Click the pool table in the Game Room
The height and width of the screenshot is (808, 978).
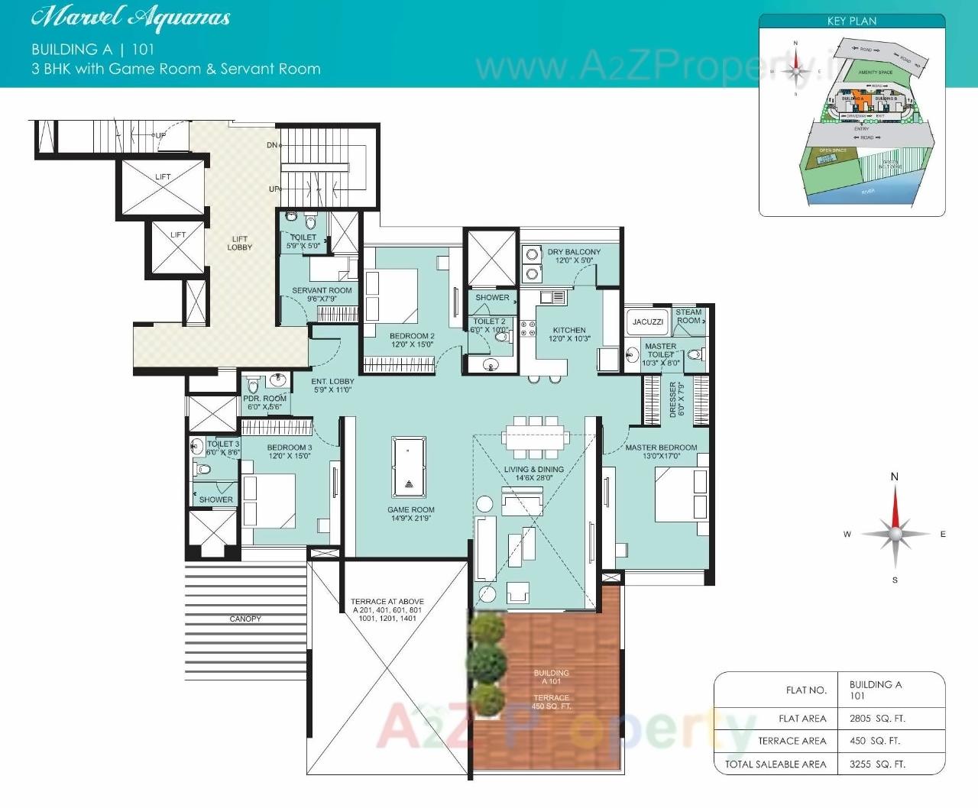pyautogui.click(x=408, y=467)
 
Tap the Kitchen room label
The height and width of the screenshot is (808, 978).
pyautogui.click(x=569, y=334)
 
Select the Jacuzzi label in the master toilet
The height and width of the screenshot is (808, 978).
pyautogui.click(x=647, y=322)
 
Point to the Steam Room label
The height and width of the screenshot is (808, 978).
pyautogui.click(x=688, y=316)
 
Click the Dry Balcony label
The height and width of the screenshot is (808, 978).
pyautogui.click(x=574, y=256)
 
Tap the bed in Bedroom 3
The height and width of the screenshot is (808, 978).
pyautogui.click(x=268, y=501)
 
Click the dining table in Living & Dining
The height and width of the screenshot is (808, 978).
pyautogui.click(x=535, y=437)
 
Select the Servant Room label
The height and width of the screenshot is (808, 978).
pyautogui.click(x=322, y=294)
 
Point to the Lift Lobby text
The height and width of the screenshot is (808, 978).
pyautogui.click(x=239, y=243)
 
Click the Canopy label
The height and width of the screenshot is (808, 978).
pyautogui.click(x=245, y=619)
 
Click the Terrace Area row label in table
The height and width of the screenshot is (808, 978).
pyautogui.click(x=792, y=741)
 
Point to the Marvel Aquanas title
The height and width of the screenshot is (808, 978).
pyautogui.click(x=131, y=18)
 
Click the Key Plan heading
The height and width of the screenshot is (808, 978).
pyautogui.click(x=851, y=21)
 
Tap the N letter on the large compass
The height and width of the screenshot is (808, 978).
pyautogui.click(x=895, y=477)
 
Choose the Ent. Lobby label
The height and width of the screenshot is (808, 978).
pyautogui.click(x=332, y=385)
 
